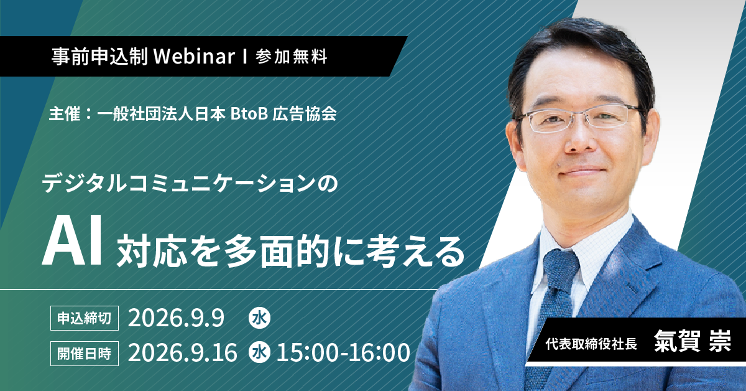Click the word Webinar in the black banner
[194, 57]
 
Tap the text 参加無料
[292, 57]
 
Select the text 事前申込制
[99, 57]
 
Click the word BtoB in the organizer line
[249, 114]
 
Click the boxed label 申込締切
[85, 318]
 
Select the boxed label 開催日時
[85, 354]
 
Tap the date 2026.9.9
[176, 318]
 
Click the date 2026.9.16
[183, 353]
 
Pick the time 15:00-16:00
[343, 353]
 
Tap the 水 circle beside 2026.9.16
[259, 353]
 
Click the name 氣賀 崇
[693, 341]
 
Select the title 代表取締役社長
[591, 344]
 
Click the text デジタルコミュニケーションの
[190, 184]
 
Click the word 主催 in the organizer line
[65, 114]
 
